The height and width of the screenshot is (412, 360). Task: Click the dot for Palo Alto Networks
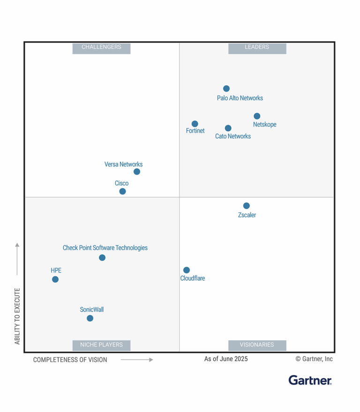(x=226, y=89)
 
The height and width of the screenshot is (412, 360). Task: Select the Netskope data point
(x=257, y=116)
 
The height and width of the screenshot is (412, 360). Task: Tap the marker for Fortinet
(x=195, y=124)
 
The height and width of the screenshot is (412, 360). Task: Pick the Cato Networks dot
(x=228, y=128)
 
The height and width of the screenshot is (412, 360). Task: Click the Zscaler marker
(x=247, y=206)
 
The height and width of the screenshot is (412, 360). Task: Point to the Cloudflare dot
(x=187, y=270)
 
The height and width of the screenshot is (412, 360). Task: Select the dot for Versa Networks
(x=137, y=172)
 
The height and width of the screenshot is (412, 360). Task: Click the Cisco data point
(x=122, y=191)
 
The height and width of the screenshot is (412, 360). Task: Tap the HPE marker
(x=55, y=279)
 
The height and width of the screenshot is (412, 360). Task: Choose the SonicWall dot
(x=90, y=318)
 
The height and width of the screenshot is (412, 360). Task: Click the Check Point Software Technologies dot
(x=102, y=258)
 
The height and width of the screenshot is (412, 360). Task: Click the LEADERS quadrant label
(x=257, y=47)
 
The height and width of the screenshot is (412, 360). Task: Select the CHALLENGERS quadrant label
(x=101, y=47)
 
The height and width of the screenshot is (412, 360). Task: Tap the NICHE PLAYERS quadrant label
(x=101, y=345)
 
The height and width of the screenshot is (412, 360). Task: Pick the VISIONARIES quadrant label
(x=257, y=345)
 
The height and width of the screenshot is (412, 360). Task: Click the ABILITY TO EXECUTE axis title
(x=17, y=316)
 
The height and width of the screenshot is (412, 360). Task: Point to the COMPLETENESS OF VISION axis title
(x=70, y=360)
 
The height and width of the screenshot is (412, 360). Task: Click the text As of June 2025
(x=226, y=359)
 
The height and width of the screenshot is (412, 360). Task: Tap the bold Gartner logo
(x=310, y=380)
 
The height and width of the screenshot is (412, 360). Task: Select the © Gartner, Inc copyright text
(x=314, y=359)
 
